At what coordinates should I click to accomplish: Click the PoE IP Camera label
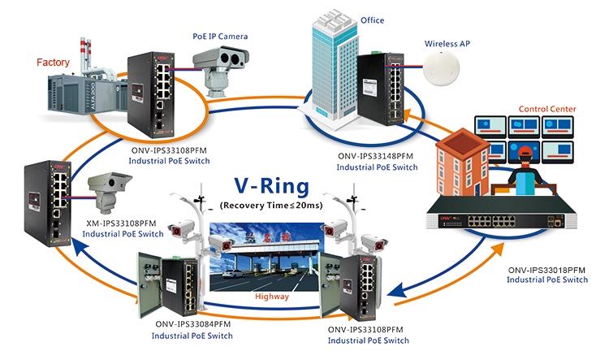(x=220, y=37)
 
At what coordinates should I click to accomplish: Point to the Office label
(x=372, y=20)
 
